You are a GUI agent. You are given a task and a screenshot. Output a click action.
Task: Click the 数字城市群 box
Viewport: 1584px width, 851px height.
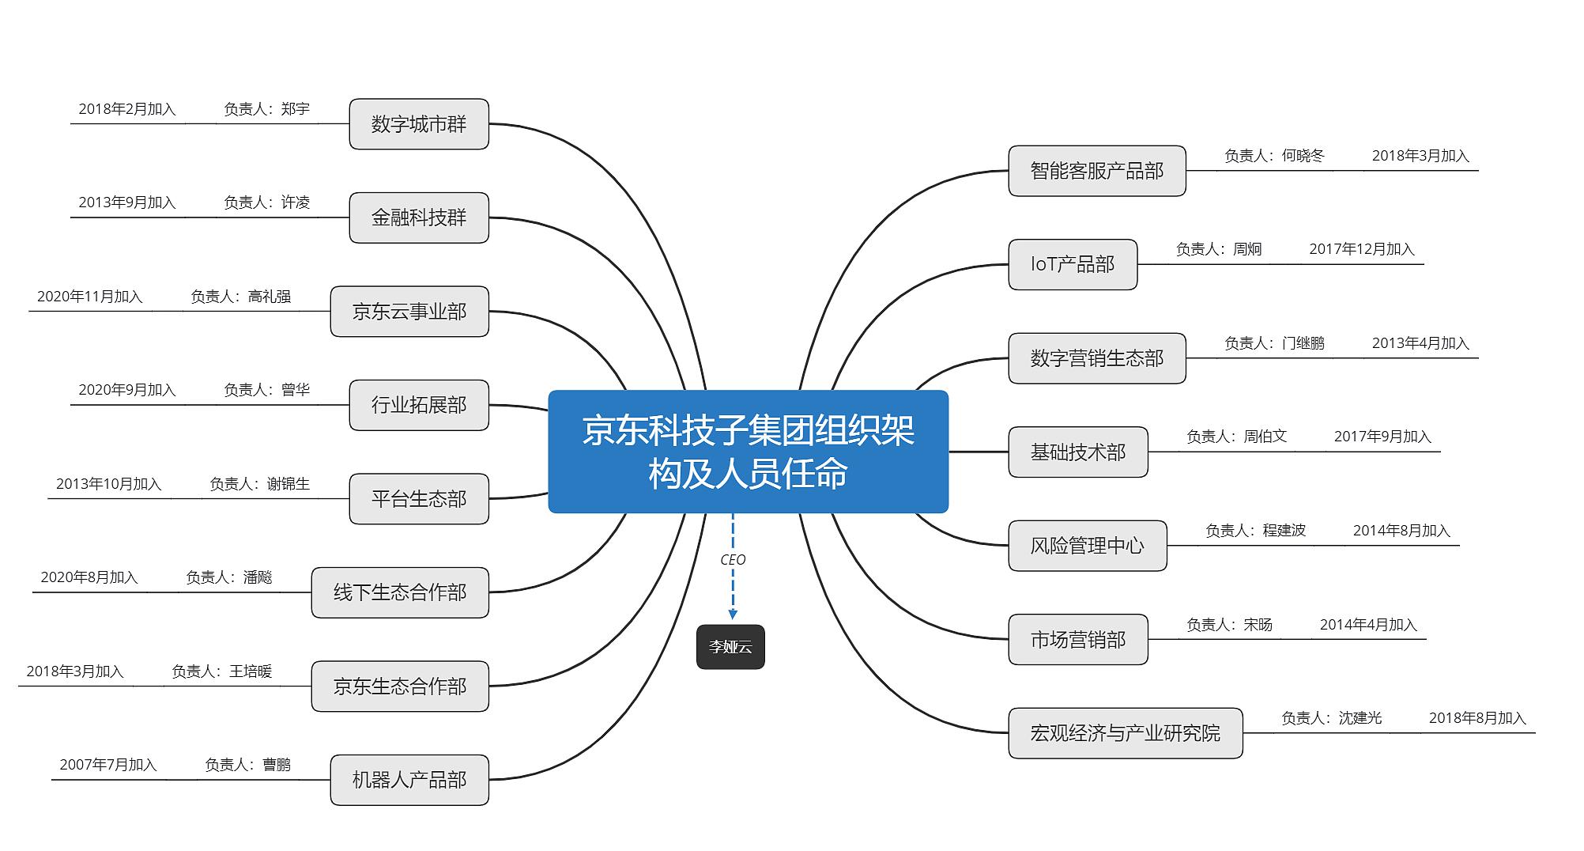(419, 124)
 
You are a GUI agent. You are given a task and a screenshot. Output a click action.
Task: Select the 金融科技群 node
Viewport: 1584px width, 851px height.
(419, 217)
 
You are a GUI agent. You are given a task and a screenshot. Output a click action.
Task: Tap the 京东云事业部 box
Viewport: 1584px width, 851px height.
(409, 312)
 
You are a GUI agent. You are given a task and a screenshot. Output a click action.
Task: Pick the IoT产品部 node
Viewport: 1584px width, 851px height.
(1073, 264)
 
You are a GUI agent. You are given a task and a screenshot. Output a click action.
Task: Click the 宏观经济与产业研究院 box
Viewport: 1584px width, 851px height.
(1126, 733)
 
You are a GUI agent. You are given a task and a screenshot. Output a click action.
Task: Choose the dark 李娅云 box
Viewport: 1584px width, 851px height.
(730, 647)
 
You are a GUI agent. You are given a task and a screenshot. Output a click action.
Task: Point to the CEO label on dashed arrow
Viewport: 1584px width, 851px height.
(733, 560)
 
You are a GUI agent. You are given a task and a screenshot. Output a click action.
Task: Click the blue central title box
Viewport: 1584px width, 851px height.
(749, 452)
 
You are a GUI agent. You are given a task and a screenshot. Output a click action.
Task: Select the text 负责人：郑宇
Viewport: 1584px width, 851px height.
(266, 109)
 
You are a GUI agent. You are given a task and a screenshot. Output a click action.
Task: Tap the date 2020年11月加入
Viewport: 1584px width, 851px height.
(90, 297)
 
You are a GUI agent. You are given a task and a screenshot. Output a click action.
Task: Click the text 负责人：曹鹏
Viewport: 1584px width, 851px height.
(247, 765)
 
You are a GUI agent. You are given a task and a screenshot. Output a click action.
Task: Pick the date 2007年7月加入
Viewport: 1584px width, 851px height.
(108, 765)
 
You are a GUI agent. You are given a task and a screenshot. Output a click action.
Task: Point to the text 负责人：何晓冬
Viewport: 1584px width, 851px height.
(1274, 156)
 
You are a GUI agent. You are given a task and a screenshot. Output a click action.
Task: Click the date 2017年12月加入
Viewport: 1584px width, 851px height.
(1362, 249)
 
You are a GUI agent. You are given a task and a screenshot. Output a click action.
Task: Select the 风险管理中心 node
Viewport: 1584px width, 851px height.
(1088, 546)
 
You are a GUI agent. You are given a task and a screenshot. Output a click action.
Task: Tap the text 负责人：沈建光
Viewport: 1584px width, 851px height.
(1331, 718)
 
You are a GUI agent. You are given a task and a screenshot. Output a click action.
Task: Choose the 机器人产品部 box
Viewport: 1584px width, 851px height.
(409, 780)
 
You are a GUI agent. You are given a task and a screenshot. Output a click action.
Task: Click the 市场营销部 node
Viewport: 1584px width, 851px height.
(1078, 639)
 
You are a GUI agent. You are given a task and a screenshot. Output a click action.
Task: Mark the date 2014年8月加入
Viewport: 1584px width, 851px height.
(1401, 531)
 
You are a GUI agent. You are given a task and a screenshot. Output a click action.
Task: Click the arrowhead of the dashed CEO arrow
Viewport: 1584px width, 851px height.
(733, 615)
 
